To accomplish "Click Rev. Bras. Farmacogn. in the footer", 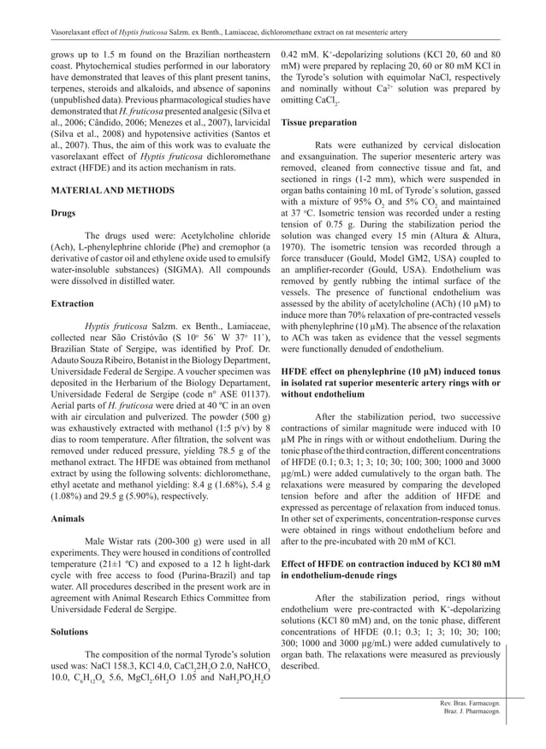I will [469, 701].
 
